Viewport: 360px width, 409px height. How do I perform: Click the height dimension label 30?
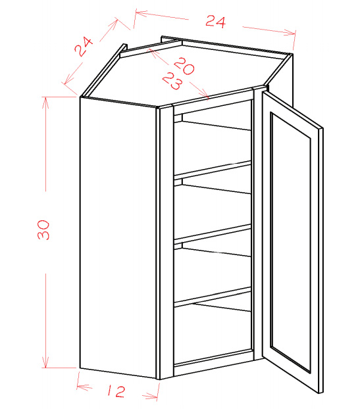tap(43, 229)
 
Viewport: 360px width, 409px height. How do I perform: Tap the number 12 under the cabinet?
tap(116, 391)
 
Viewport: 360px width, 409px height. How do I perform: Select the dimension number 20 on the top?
tap(184, 66)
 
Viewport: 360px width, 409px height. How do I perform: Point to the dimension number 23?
tap(172, 81)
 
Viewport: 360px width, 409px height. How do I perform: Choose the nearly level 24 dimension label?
tap(215, 22)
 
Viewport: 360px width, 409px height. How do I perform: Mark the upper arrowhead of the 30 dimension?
tap(45, 103)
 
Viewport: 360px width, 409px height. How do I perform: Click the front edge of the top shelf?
tap(213, 169)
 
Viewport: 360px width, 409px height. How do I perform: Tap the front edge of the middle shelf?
tap(213, 232)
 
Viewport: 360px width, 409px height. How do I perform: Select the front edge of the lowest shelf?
tap(213, 295)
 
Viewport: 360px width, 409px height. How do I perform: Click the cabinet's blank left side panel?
tap(118, 237)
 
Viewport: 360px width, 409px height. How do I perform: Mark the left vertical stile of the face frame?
tap(167, 242)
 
